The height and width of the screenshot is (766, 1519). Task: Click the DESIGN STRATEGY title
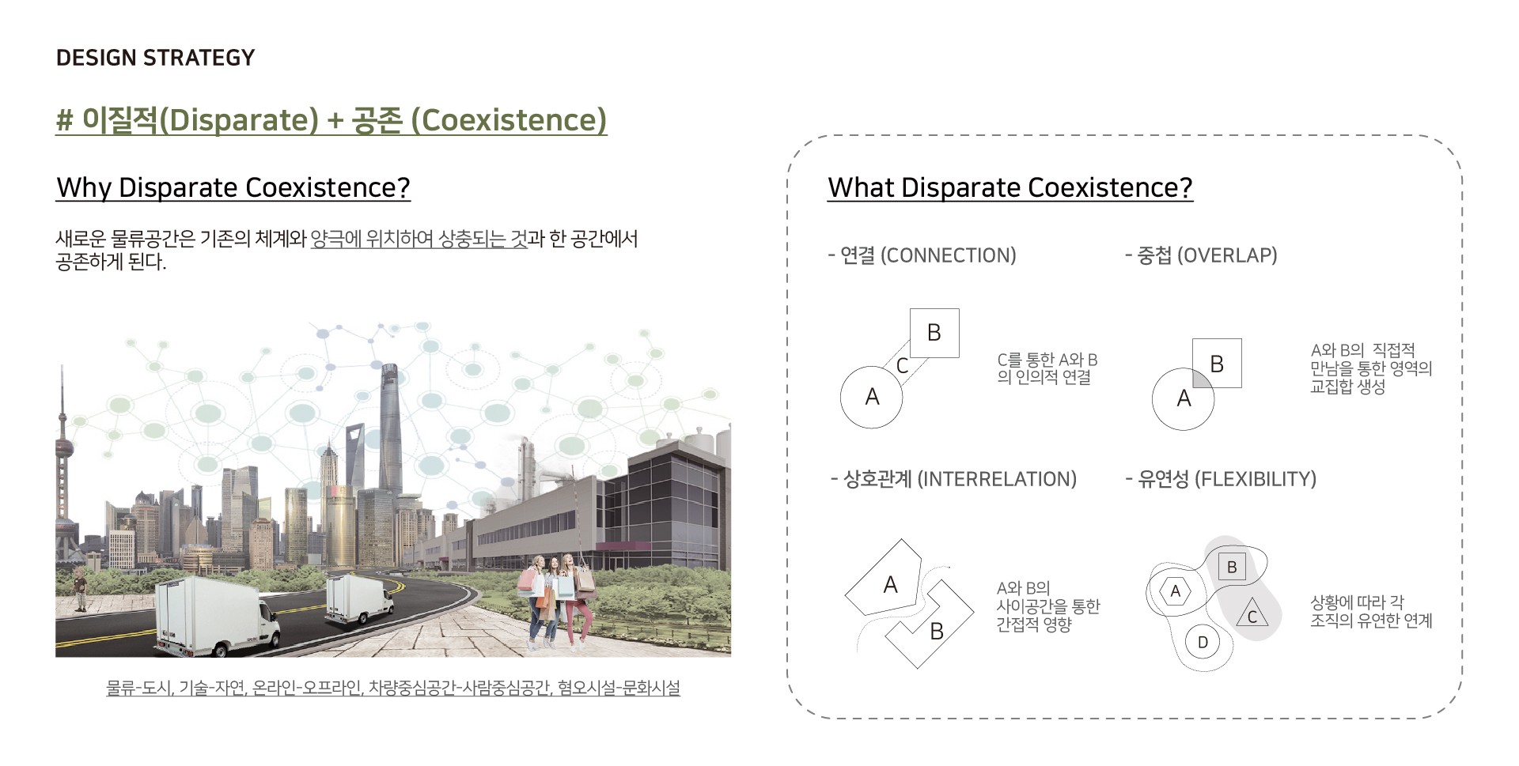(155, 58)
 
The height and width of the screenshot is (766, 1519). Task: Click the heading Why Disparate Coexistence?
(233, 187)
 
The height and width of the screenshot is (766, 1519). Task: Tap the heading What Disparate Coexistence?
(1010, 187)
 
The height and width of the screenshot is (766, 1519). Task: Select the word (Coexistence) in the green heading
(509, 119)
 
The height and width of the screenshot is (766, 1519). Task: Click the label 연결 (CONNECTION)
(922, 255)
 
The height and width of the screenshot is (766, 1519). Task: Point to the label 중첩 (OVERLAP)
(1201, 255)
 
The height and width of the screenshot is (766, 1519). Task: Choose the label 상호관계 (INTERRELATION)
(954, 479)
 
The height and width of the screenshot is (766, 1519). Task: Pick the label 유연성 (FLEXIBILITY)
(1221, 479)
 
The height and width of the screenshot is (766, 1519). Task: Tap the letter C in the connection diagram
(902, 366)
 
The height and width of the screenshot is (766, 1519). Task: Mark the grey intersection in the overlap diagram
(1201, 378)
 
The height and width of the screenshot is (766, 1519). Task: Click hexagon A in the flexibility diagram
(1175, 591)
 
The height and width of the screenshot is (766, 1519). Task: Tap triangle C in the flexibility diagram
(1252, 614)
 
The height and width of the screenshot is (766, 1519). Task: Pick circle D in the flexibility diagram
(1203, 642)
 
